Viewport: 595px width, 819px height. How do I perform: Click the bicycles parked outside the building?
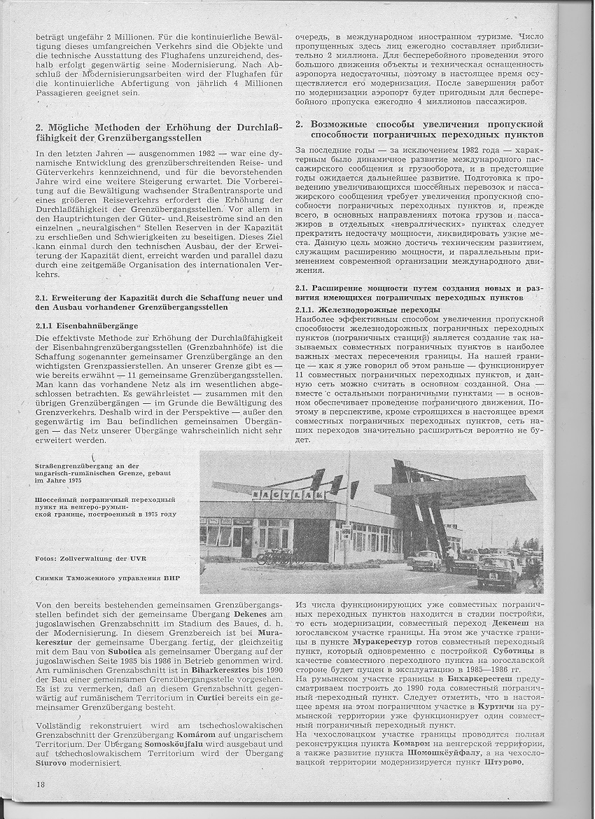(274, 557)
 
